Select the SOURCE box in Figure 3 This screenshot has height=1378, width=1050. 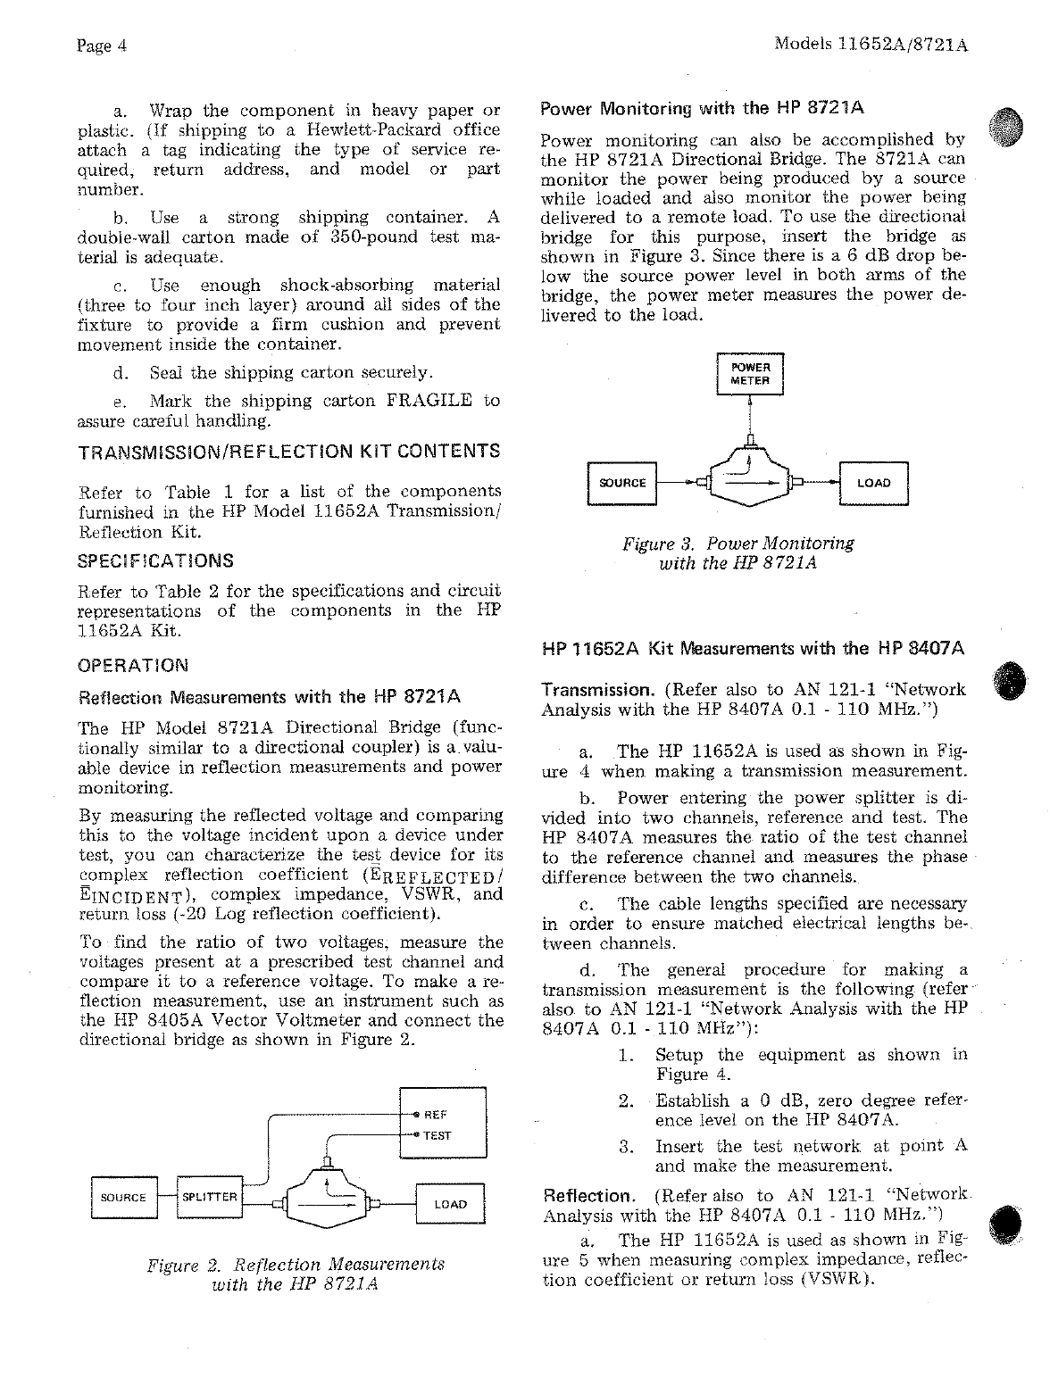coord(622,484)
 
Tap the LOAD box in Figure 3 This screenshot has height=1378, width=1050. coord(873,484)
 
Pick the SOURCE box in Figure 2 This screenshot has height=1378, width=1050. coord(123,1198)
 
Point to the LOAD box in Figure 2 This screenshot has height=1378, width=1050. coord(450,1204)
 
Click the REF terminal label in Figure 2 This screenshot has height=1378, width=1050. coord(435,1115)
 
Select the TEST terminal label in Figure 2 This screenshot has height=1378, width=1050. coord(437,1135)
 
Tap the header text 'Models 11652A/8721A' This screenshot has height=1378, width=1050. coord(871,44)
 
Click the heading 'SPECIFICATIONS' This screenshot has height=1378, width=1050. coord(156,560)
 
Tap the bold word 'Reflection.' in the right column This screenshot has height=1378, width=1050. coord(588,1196)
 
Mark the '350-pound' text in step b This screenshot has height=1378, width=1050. coord(355,237)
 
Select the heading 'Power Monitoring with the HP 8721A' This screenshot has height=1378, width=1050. coord(703,110)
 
